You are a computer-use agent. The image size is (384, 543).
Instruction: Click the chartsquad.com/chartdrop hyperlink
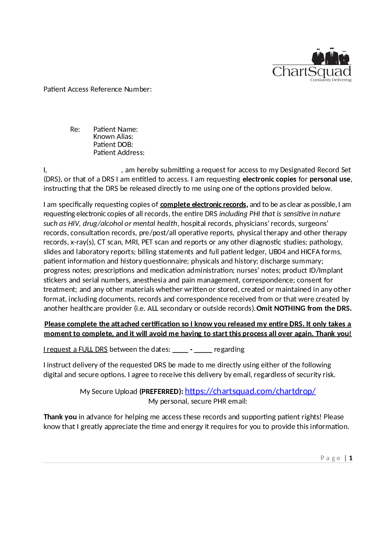[x=250, y=391]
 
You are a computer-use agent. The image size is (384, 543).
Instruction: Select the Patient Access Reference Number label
[x=98, y=89]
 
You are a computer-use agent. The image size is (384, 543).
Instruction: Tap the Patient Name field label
[x=115, y=129]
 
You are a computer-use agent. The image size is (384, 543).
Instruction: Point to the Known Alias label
[x=113, y=137]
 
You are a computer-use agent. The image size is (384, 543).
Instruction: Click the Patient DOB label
[x=113, y=144]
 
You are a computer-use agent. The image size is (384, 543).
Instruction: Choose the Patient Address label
[x=119, y=152]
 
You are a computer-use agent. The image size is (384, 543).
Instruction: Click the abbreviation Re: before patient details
[x=75, y=129]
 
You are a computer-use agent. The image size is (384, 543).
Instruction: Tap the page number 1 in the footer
[x=351, y=458]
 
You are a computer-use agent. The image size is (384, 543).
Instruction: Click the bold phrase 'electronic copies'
[x=269, y=179]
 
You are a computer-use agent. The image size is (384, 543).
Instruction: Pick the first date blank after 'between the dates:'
[x=180, y=350]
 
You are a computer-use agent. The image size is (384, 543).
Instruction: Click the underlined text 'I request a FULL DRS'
[x=76, y=350]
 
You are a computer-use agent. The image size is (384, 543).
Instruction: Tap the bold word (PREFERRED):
[x=161, y=392]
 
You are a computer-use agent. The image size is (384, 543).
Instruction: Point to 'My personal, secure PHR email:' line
[x=198, y=401]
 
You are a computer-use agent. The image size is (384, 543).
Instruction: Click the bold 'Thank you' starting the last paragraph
[x=60, y=417]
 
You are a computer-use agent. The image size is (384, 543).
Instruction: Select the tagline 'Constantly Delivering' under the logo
[x=330, y=80]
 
